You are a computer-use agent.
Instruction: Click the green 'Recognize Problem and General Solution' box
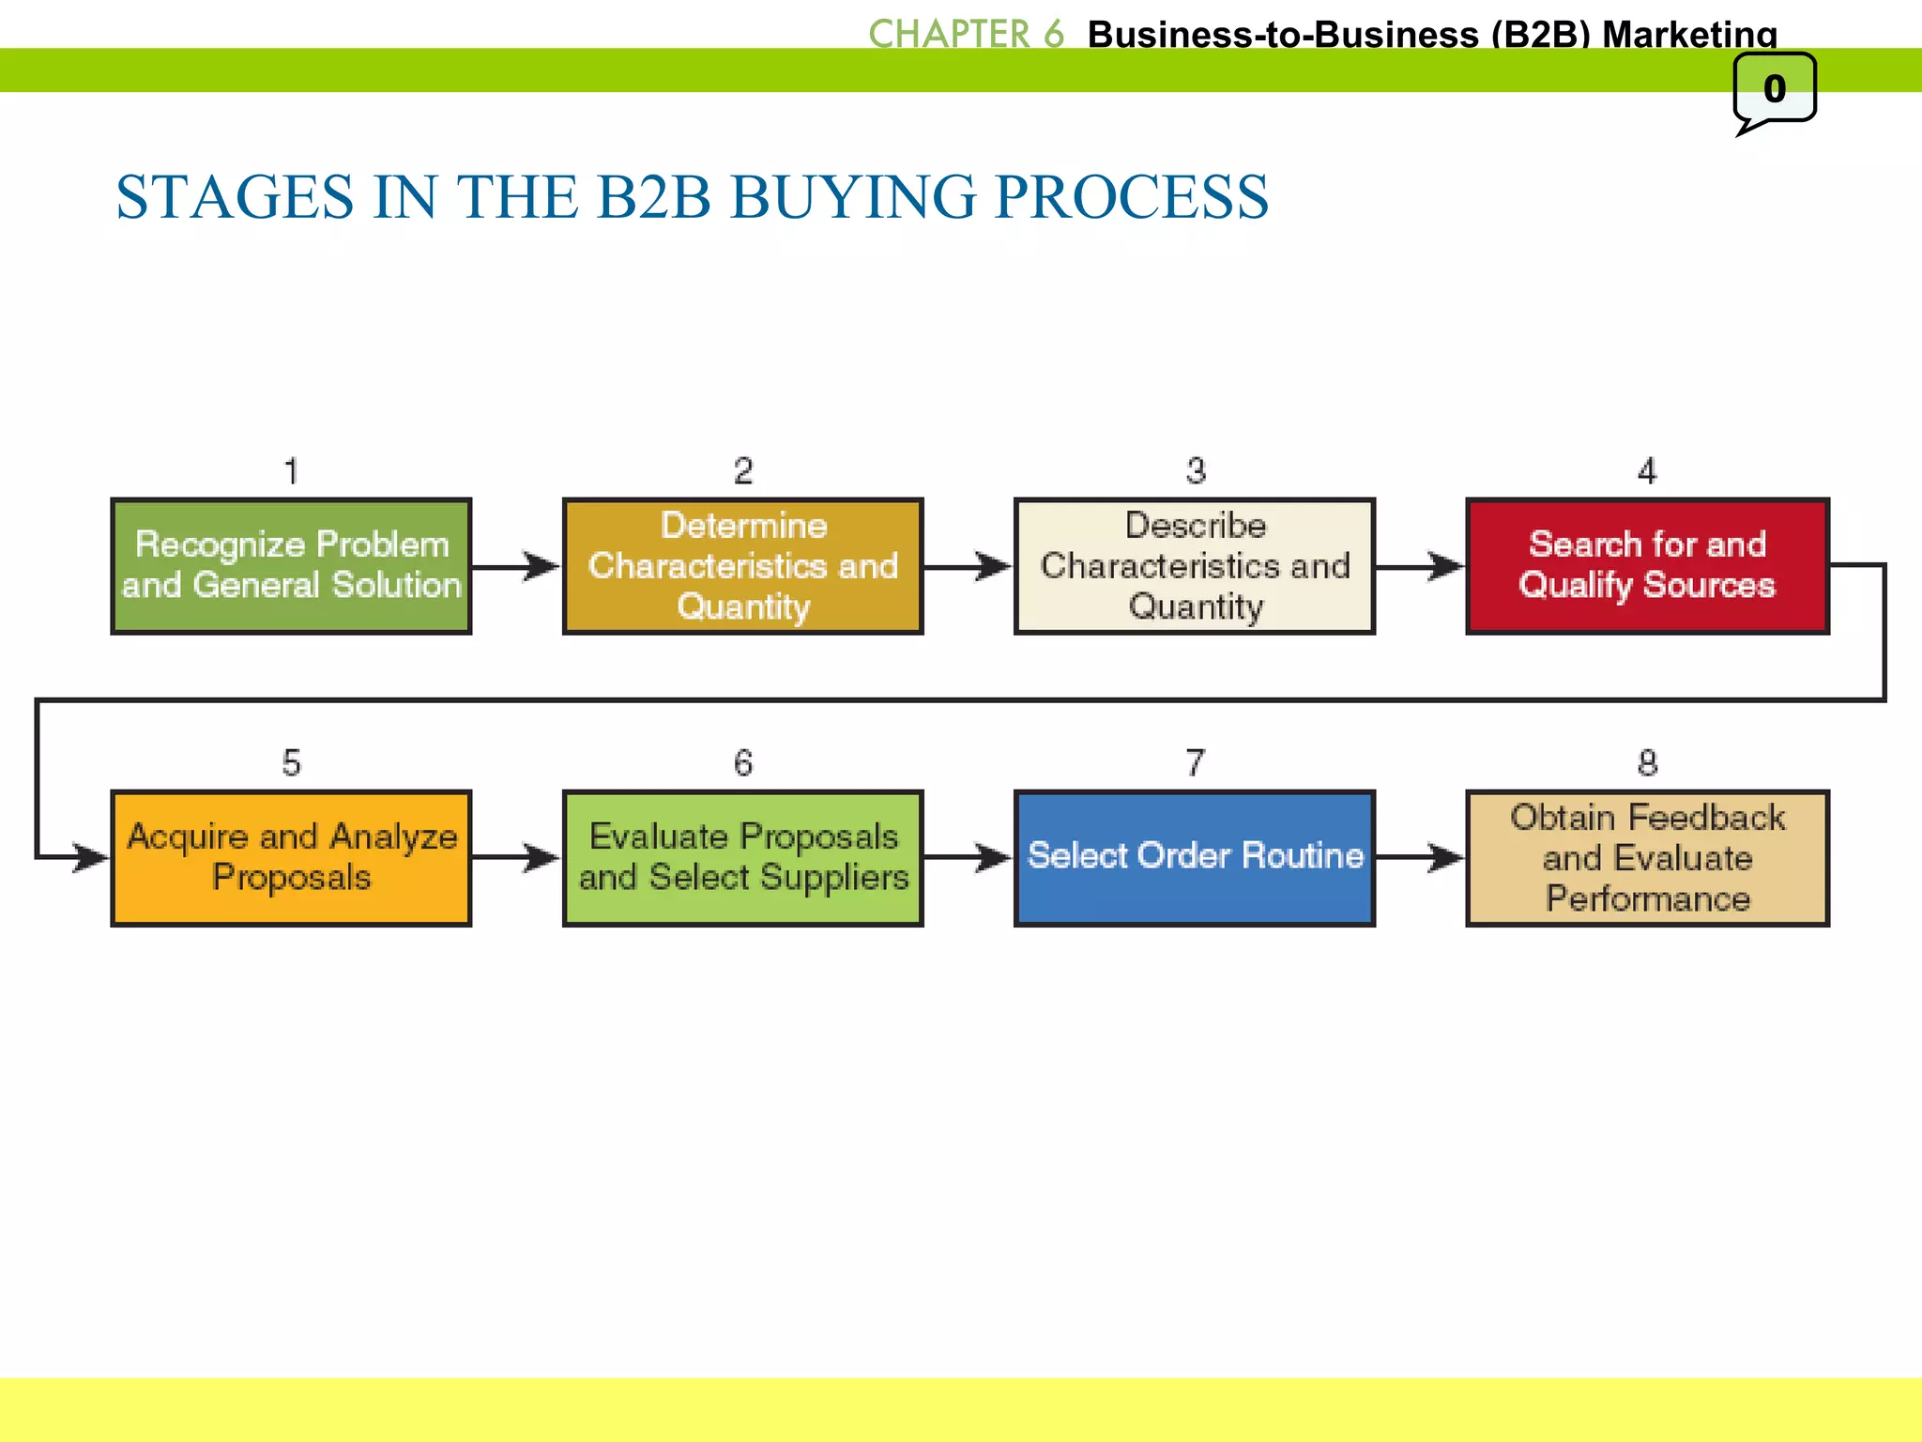291,566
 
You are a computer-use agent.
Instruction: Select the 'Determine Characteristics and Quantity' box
742,566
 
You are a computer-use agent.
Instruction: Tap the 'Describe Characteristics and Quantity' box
1195,566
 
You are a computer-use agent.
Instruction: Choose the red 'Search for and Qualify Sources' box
1647,566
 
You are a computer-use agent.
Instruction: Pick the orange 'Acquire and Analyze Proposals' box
291,858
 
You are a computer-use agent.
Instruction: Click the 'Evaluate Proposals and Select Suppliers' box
742,858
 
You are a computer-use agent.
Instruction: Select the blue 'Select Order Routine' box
1195,858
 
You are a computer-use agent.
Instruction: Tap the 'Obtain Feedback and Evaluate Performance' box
1647,858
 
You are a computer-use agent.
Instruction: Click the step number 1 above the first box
291,470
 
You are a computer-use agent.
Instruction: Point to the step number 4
1647,470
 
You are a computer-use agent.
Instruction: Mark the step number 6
742,762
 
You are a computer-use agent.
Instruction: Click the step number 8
1647,762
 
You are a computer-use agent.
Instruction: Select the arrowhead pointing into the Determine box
542,566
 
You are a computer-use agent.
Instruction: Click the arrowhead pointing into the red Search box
1446,566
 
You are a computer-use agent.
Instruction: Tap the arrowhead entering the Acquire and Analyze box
91,858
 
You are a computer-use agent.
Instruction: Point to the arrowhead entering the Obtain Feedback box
1446,858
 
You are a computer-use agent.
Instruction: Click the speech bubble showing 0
1774,90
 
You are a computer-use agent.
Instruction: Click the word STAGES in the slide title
235,197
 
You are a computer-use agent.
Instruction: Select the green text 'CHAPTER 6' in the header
966,34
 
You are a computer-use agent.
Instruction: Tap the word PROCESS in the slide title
1131,197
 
